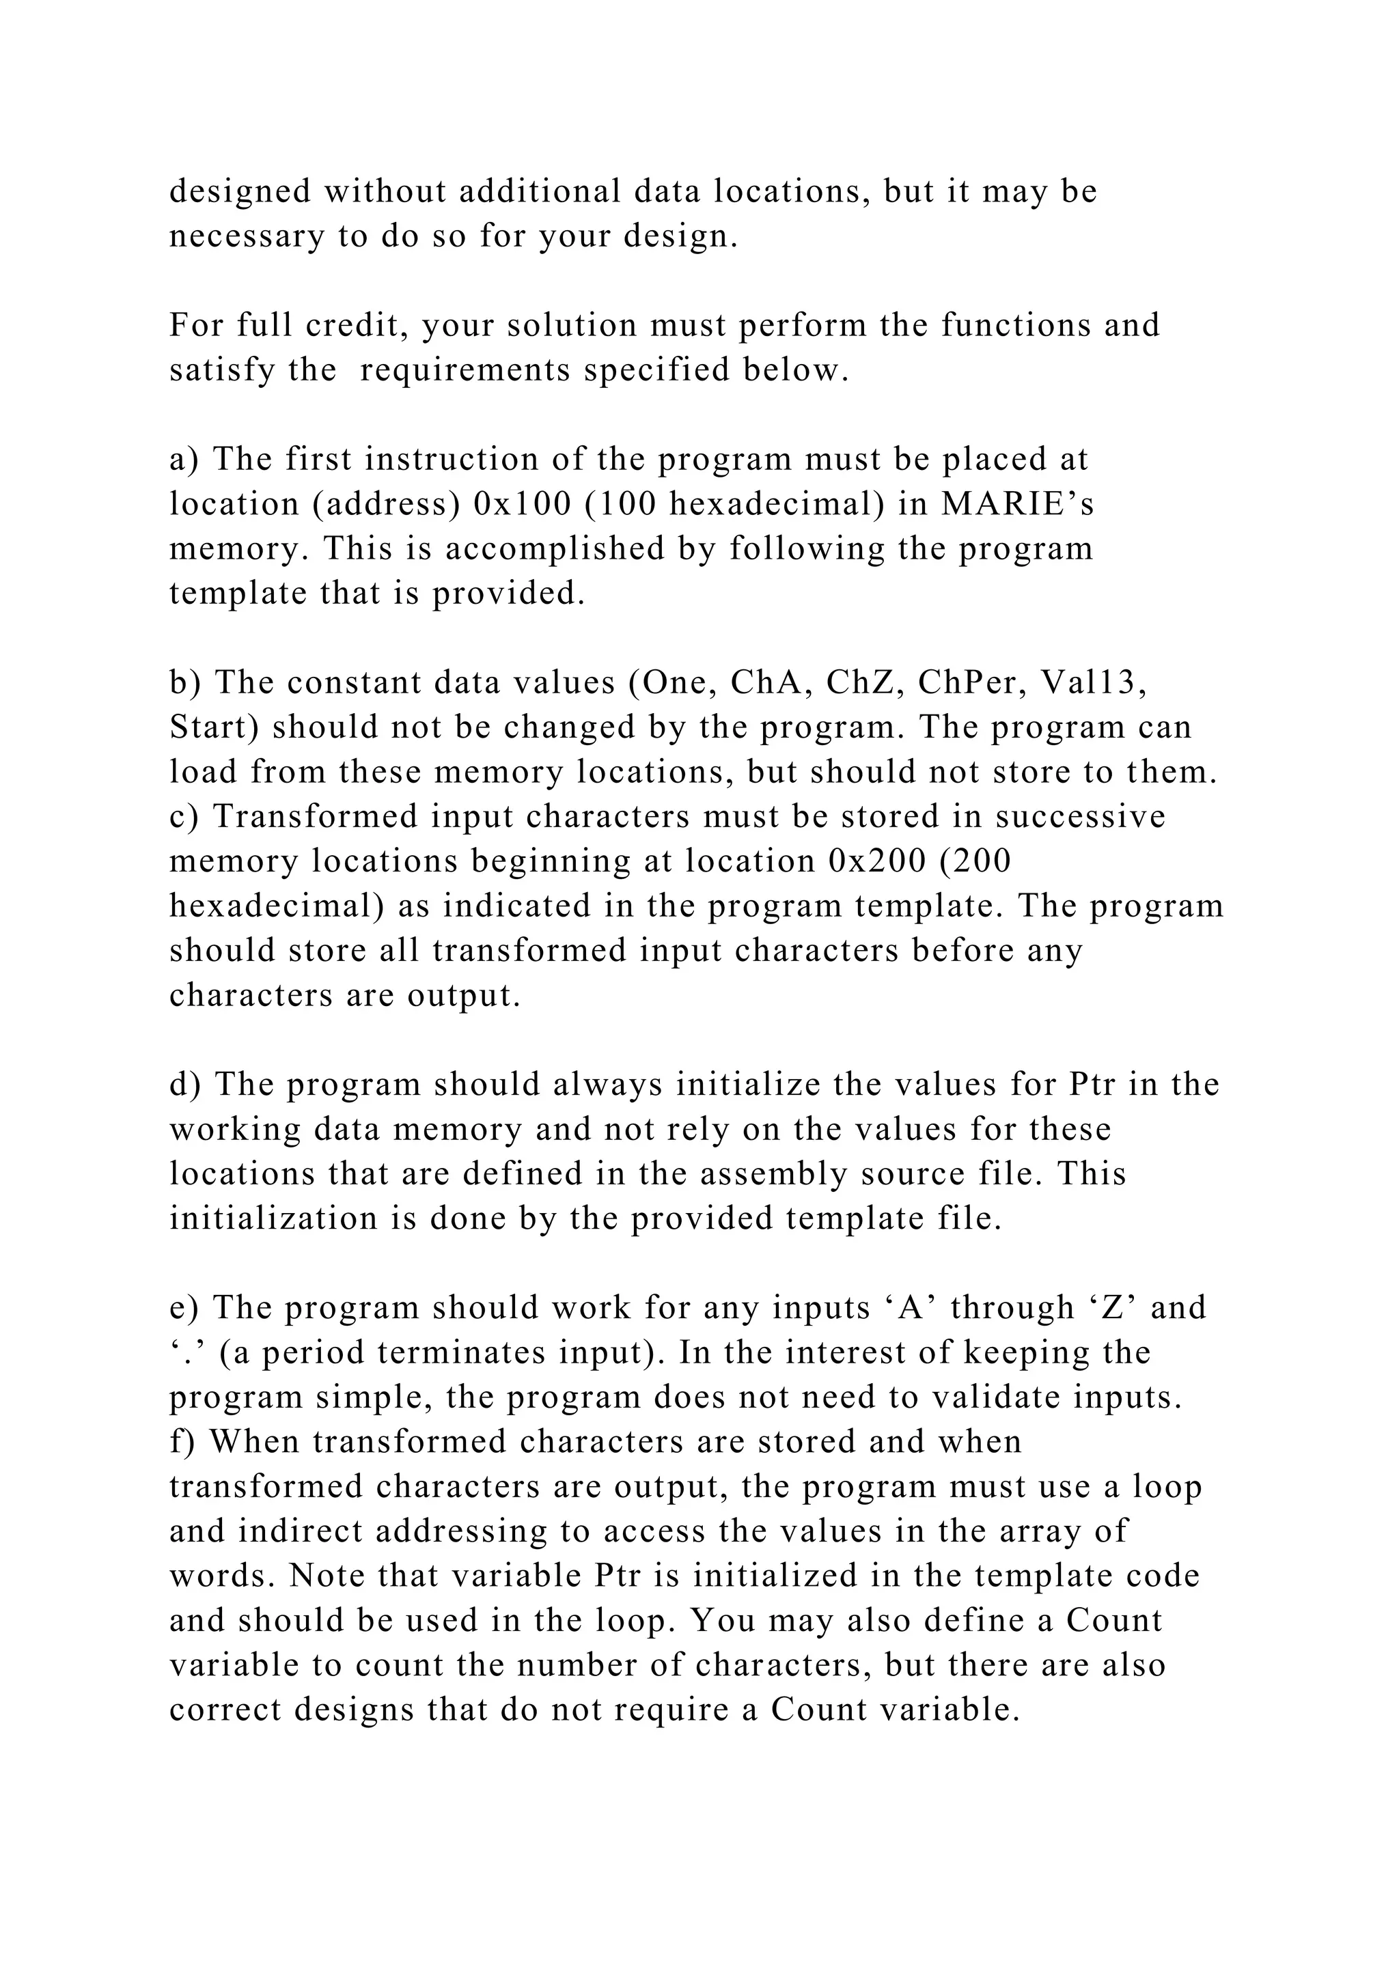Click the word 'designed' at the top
coord(240,191)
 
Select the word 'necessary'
coord(245,236)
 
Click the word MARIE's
coord(1017,504)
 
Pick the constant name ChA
coord(768,682)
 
